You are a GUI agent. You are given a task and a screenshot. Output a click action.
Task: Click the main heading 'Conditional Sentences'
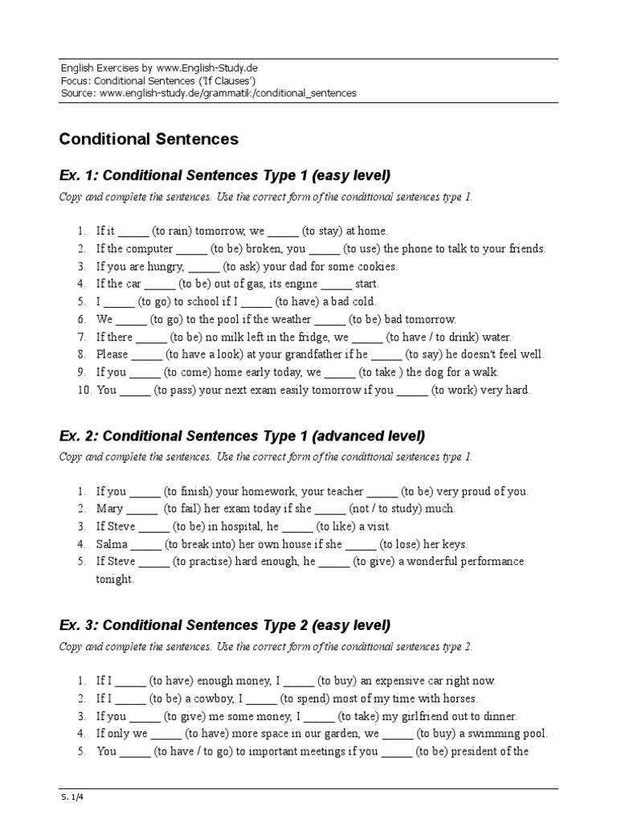[x=149, y=139]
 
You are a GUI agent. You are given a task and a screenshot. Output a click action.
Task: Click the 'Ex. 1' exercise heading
[x=224, y=176]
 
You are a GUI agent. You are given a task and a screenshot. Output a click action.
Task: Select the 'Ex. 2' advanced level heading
[x=242, y=436]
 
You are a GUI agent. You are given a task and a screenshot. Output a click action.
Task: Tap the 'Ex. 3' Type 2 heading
[x=224, y=625]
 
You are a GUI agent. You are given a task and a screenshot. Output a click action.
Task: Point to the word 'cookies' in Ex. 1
[x=378, y=266]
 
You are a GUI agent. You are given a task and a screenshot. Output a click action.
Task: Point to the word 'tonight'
[x=115, y=579]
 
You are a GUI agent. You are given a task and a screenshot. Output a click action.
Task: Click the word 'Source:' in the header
[x=79, y=93]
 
